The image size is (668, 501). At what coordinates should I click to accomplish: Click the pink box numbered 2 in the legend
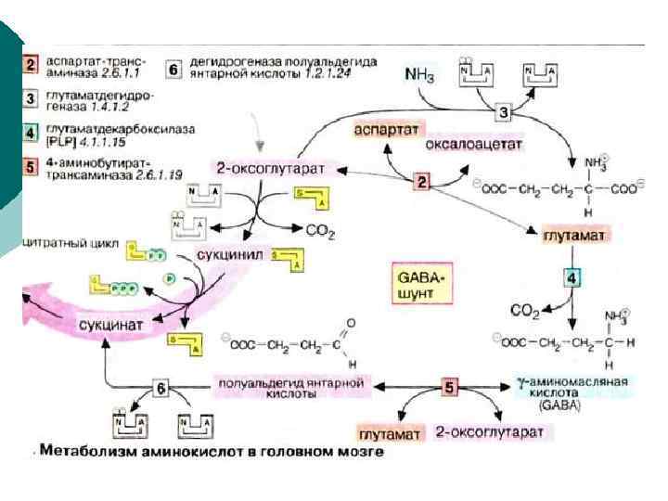(x=29, y=64)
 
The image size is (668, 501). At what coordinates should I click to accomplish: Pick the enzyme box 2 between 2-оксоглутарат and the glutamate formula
(x=421, y=181)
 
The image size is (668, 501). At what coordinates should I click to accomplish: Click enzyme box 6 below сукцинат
(x=161, y=388)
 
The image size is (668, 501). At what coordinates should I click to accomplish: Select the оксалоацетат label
(x=474, y=145)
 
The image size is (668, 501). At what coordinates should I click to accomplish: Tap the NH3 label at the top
(x=419, y=72)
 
